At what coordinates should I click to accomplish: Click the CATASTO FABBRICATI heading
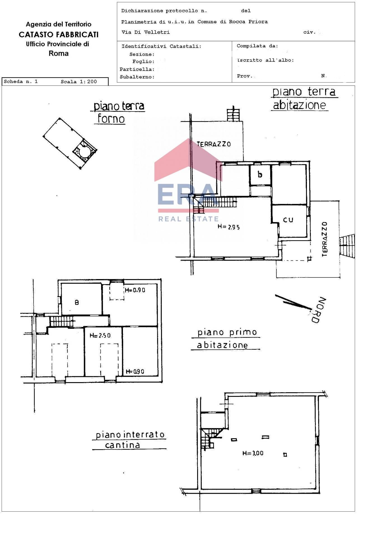click(x=59, y=34)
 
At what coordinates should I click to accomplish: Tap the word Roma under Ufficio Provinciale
click(x=59, y=53)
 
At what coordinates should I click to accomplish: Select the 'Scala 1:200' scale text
click(x=79, y=82)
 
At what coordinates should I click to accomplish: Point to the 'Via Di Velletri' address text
click(x=145, y=32)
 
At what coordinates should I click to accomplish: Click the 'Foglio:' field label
click(x=143, y=62)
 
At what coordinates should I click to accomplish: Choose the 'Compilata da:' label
click(x=257, y=46)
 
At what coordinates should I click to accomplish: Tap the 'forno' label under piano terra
click(x=111, y=119)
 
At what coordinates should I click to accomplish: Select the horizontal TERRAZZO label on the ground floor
click(x=214, y=144)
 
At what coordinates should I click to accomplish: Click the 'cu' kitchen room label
click(x=288, y=219)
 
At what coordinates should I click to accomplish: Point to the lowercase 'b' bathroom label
click(x=260, y=175)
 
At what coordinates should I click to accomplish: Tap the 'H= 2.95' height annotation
click(x=229, y=227)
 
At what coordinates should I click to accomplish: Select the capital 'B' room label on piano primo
click(x=77, y=302)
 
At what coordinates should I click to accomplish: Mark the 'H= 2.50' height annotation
click(x=100, y=335)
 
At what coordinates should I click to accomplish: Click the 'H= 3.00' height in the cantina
click(x=253, y=453)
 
